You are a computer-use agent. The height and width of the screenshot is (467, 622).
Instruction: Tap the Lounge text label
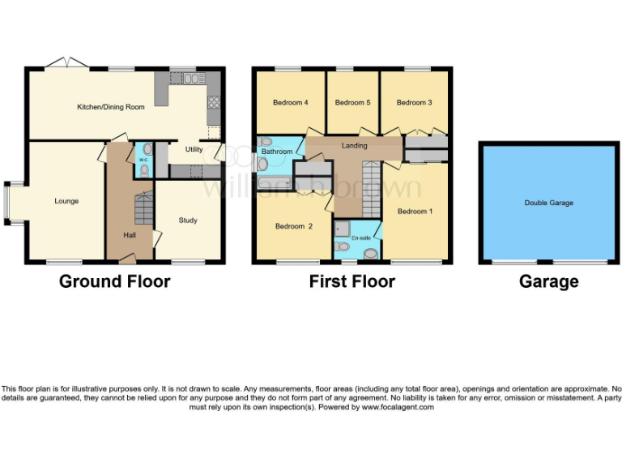click(66, 200)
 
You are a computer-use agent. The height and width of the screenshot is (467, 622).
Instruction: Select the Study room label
click(188, 220)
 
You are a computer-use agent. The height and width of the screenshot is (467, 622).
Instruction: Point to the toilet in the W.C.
click(144, 170)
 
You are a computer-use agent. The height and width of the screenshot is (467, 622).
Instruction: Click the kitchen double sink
click(192, 79)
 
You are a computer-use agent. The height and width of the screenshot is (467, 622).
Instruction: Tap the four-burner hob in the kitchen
click(215, 102)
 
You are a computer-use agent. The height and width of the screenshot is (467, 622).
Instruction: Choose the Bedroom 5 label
click(352, 103)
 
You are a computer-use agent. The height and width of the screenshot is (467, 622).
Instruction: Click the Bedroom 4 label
click(290, 103)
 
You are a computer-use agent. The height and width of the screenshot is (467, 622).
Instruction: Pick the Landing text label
click(355, 146)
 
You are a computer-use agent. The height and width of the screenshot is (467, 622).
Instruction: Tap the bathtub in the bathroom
click(275, 182)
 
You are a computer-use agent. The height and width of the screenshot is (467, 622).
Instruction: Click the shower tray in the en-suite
click(343, 229)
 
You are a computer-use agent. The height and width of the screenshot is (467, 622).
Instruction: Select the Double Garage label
click(548, 203)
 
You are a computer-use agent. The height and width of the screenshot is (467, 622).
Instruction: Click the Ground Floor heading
click(114, 282)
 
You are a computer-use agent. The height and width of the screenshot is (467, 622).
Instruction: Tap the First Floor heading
click(352, 282)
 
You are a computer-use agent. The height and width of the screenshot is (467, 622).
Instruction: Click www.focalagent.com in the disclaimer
click(398, 407)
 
